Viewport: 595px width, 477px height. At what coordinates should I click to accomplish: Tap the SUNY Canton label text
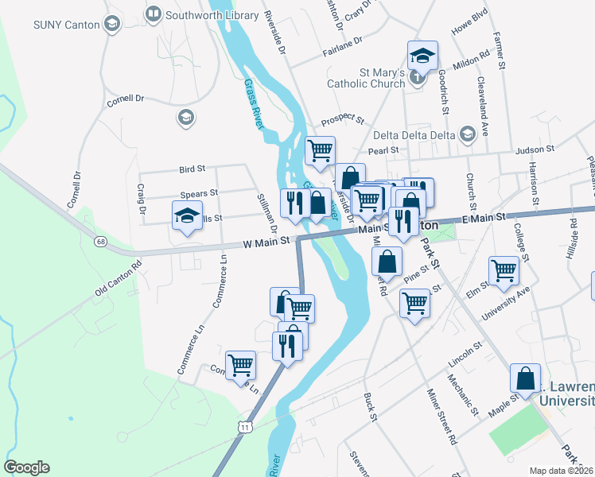(x=67, y=25)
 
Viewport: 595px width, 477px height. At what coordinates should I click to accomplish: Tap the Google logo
(x=26, y=467)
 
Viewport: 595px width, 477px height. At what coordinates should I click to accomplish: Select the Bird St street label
(x=192, y=169)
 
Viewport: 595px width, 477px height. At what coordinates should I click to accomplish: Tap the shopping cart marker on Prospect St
(x=320, y=149)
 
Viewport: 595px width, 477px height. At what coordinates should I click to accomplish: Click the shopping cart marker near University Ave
(x=504, y=271)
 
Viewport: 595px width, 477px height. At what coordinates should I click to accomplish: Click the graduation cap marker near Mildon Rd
(x=422, y=56)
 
